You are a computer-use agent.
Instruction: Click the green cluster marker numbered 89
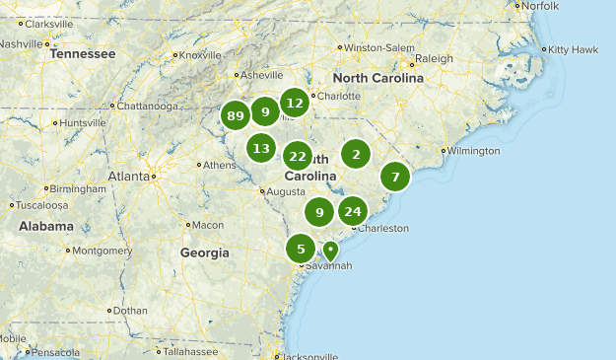click(x=235, y=116)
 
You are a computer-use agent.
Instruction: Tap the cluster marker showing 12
click(x=294, y=103)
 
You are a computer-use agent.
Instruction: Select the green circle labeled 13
click(x=261, y=149)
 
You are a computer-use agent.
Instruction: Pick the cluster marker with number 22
click(x=298, y=156)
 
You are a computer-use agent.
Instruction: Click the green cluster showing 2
click(x=356, y=153)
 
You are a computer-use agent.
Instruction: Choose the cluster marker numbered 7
click(x=395, y=178)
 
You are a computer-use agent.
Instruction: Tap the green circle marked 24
click(x=353, y=211)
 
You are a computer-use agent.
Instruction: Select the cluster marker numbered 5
click(x=301, y=249)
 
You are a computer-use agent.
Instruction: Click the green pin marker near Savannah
click(x=331, y=251)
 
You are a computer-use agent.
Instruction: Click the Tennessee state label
click(x=83, y=54)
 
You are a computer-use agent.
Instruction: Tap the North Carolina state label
click(x=377, y=78)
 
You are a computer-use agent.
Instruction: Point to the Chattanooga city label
click(x=148, y=107)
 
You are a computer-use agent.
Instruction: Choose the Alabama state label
click(x=46, y=226)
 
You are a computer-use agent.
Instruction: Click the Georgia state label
click(x=204, y=252)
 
